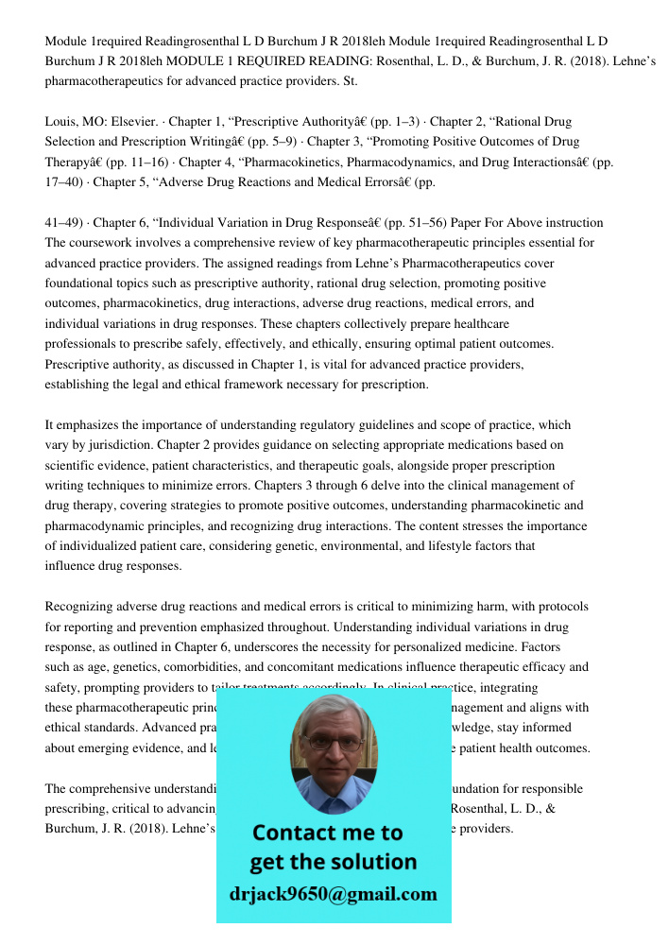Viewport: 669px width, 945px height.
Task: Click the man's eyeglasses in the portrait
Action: pyautogui.click(x=334, y=743)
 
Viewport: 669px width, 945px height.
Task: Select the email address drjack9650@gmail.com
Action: pyautogui.click(x=334, y=894)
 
